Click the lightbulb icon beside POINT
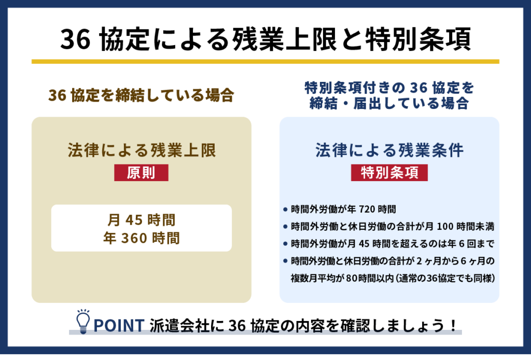coord(83,322)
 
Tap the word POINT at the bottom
coord(119,325)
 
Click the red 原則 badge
coord(141,173)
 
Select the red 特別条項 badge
coord(389,173)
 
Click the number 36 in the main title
coord(76,39)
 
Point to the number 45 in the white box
coord(134,220)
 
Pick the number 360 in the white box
coord(134,238)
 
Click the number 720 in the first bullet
coord(367,209)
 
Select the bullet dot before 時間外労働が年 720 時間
coord(285,209)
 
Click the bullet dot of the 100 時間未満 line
coord(285,226)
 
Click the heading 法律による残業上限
coord(142,150)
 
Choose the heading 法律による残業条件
coord(389,150)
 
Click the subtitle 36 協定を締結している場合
coord(141,95)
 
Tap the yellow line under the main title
coord(265,62)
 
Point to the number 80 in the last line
coord(352,279)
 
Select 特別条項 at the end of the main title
coord(418,39)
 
